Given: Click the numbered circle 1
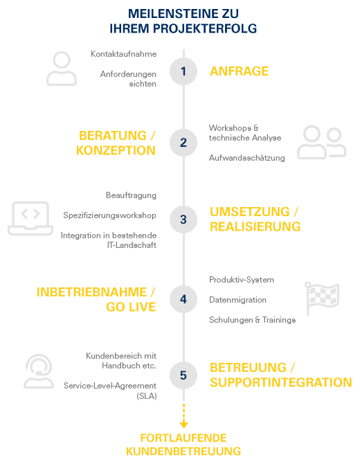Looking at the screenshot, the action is tap(183, 71).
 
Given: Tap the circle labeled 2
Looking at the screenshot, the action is tap(183, 143).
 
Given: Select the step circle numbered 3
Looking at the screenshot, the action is tap(183, 220).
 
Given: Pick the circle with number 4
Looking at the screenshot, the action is tap(183, 299).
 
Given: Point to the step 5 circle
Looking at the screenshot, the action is tap(183, 375).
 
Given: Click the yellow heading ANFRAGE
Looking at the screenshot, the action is tap(239, 71).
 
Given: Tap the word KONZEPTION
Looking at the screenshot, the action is tap(116, 150).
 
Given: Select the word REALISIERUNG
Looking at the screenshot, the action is tap(255, 226).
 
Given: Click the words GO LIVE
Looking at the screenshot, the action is tap(131, 307).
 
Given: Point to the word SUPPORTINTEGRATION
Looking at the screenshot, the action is tap(280, 382).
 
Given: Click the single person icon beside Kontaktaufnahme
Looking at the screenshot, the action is tap(62, 69).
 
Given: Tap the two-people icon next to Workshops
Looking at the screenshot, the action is tap(321, 143).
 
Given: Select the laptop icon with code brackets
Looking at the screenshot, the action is tap(30, 218).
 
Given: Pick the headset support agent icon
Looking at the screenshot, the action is tap(39, 371).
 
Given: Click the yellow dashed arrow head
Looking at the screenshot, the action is tap(183, 425).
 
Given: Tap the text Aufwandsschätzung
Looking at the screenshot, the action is tap(247, 158).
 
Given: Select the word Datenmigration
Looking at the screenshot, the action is tap(237, 300).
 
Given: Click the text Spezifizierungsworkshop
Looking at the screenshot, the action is tap(110, 215).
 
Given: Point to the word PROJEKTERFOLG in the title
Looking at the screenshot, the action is tap(205, 28).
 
